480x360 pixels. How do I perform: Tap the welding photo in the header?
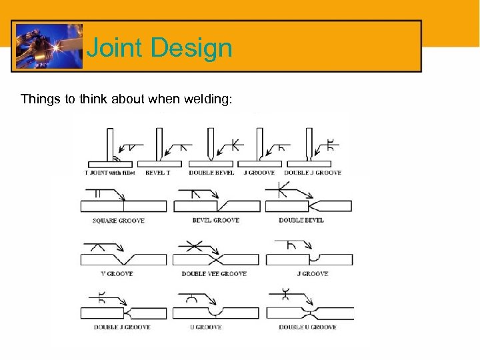coord(49,46)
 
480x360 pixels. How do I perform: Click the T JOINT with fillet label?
coord(109,173)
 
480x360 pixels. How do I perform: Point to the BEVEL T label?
coord(157,173)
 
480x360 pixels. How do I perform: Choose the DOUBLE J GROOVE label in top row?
coord(312,173)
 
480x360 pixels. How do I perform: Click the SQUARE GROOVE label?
coord(118,221)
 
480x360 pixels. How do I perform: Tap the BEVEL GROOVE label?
coord(215,221)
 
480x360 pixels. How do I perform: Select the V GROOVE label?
coord(116,273)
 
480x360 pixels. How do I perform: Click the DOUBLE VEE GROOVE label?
coord(214,273)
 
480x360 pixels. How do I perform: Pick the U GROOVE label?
coord(209,327)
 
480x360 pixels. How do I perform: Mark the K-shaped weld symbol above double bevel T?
coord(234,144)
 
